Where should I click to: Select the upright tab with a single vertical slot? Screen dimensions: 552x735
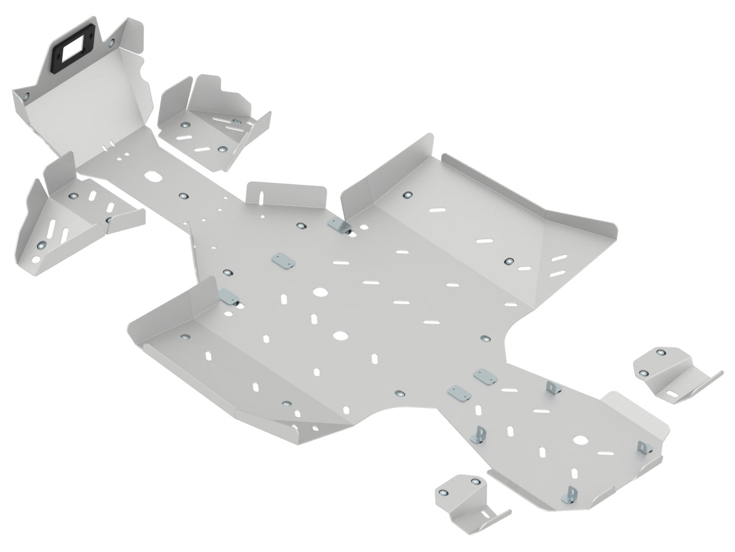pos(284,193)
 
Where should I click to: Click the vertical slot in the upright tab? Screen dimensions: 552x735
pos(262,194)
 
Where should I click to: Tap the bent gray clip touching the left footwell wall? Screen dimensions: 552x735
pos(229,298)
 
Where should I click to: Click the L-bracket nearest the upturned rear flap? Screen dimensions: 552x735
pos(643,446)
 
